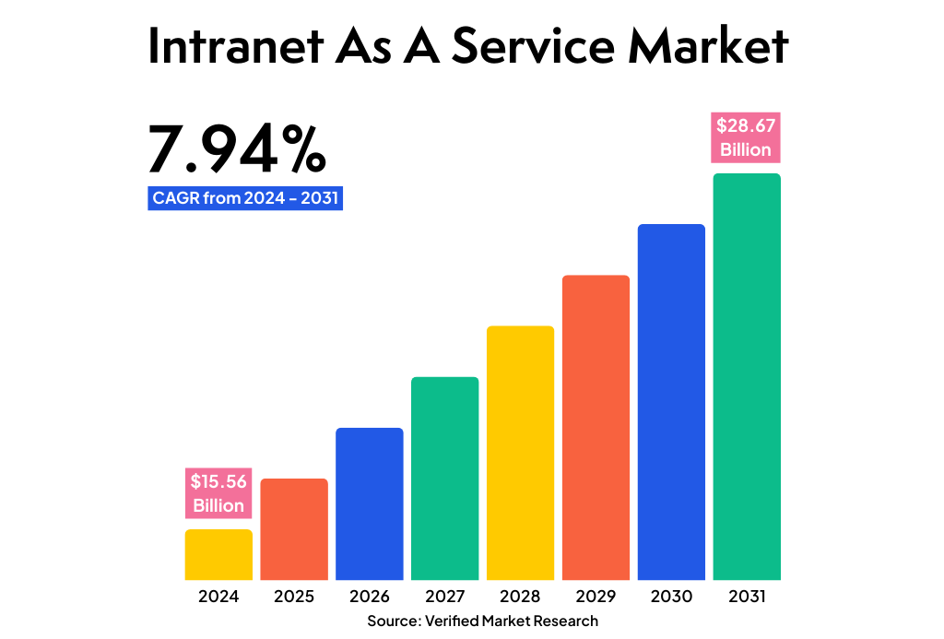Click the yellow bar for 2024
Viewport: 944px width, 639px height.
(218, 554)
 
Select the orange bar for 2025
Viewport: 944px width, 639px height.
(294, 529)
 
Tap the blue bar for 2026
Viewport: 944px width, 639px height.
(370, 503)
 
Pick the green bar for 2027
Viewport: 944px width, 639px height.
(445, 479)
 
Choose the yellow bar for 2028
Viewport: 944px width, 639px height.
(521, 453)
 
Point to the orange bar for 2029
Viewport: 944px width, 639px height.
(596, 428)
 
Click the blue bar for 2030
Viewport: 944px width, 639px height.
(671, 402)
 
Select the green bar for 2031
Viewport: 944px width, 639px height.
(747, 376)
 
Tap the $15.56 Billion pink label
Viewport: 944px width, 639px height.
(218, 493)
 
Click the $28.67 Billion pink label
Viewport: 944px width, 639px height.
(746, 137)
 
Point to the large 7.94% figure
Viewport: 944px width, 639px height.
(237, 150)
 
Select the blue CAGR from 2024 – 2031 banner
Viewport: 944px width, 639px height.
(245, 198)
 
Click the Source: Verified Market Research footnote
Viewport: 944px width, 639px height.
(482, 621)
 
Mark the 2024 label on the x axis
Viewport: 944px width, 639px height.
(218, 597)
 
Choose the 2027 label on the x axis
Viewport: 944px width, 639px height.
(445, 597)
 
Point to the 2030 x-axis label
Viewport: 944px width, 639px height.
(671, 597)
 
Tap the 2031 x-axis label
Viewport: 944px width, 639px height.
(747, 597)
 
